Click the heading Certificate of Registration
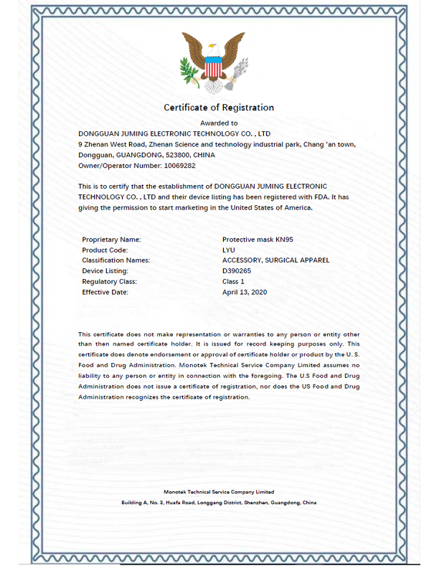(x=219, y=108)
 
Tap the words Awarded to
(x=219, y=123)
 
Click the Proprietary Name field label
(x=111, y=240)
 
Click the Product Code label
(x=105, y=250)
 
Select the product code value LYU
(x=229, y=250)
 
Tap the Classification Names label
(x=116, y=260)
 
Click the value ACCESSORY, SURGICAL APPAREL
(x=275, y=260)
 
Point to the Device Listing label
(x=105, y=271)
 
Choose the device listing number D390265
(x=237, y=271)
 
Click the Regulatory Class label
(x=109, y=281)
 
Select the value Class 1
(x=234, y=281)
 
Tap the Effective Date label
(x=105, y=292)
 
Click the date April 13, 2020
(x=245, y=292)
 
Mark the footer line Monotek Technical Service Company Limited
(x=219, y=492)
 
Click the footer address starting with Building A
(x=219, y=503)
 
